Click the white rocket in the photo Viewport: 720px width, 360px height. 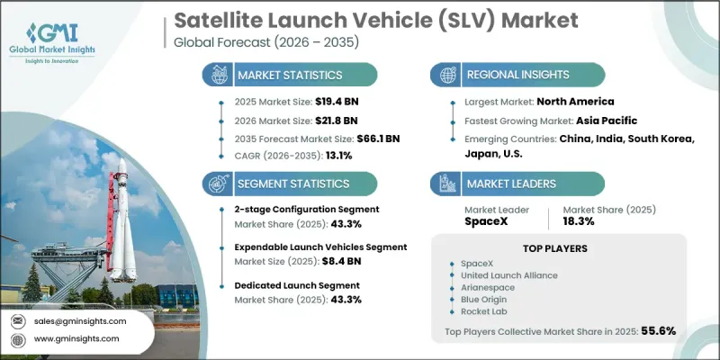120,216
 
